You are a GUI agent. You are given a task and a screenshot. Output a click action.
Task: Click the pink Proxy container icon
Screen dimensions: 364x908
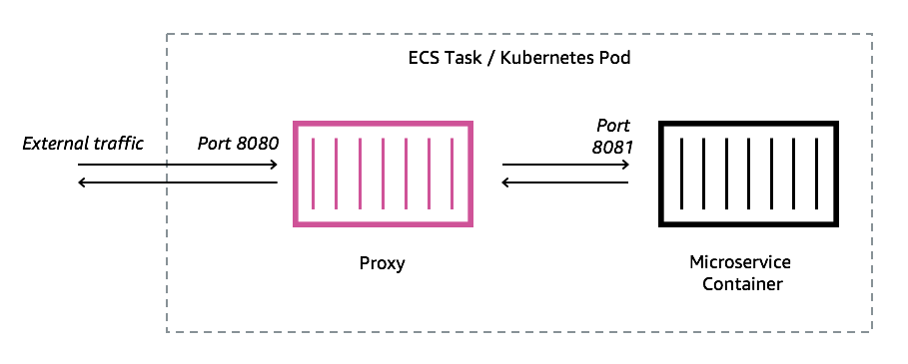point(381,173)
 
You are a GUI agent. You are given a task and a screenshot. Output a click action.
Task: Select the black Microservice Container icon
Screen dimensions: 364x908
point(746,173)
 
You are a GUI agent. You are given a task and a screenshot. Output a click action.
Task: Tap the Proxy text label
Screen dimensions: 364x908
point(382,264)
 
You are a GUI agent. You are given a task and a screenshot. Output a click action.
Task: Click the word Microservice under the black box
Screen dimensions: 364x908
point(740,262)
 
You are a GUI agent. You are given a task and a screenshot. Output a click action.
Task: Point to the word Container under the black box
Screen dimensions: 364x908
point(740,284)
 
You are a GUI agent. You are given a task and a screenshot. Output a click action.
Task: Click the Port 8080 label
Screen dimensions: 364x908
point(237,144)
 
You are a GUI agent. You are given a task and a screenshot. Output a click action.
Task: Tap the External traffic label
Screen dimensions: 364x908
point(83,144)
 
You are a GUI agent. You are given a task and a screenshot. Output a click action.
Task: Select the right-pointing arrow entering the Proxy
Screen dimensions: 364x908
point(178,165)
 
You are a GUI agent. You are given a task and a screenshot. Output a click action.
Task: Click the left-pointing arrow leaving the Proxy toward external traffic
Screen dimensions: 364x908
point(178,182)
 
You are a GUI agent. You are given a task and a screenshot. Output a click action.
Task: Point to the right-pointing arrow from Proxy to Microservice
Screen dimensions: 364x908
point(565,165)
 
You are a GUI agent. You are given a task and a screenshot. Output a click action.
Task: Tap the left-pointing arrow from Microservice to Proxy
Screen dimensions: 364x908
point(565,182)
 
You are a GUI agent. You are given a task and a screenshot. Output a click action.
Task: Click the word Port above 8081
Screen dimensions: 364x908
point(613,126)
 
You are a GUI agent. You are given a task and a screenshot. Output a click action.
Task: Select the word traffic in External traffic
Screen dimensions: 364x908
point(118,144)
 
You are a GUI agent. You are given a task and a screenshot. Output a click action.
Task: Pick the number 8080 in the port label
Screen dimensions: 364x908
point(257,144)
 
